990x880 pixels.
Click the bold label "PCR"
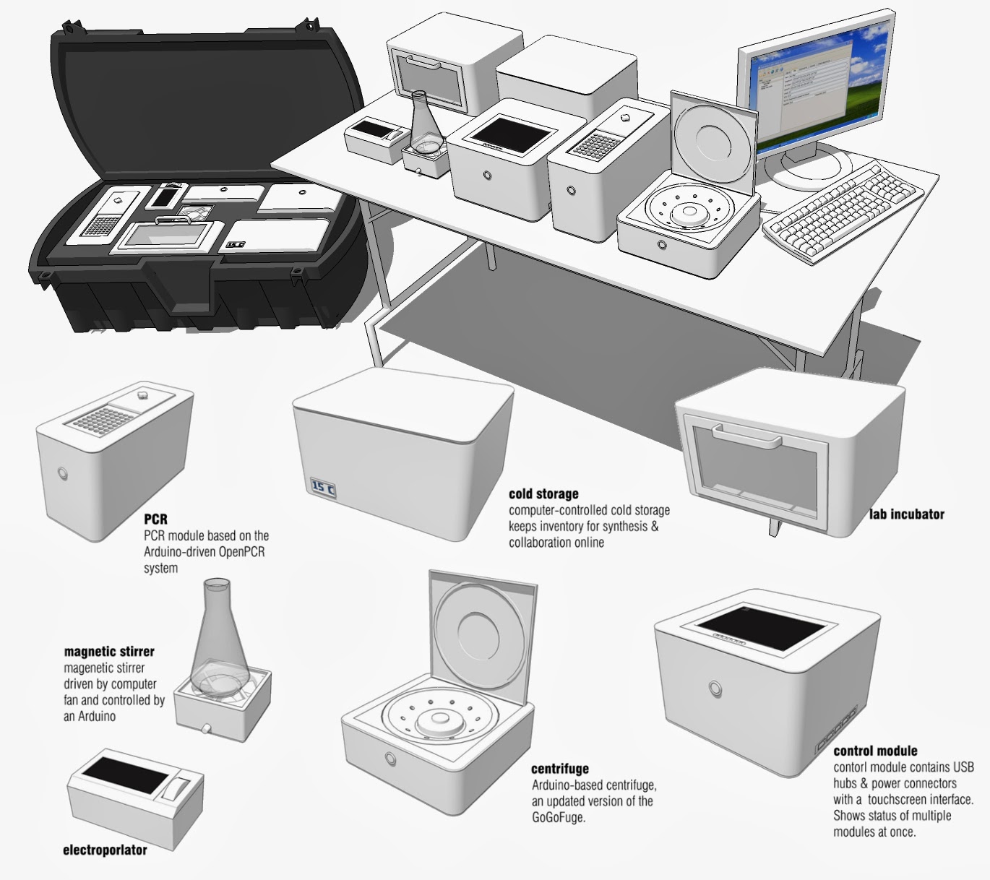click(x=155, y=519)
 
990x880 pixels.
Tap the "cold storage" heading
click(x=543, y=494)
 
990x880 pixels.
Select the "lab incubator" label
click(x=906, y=514)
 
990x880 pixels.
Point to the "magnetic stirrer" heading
click(x=109, y=652)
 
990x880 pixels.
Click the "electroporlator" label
click(x=105, y=850)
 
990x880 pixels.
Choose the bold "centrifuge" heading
click(x=559, y=769)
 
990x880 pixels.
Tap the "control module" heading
click(x=875, y=751)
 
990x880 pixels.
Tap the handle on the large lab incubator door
click(x=746, y=437)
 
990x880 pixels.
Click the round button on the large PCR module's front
click(x=62, y=473)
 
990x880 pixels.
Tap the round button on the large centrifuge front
click(x=391, y=759)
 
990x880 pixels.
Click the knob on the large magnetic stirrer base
click(x=206, y=728)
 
